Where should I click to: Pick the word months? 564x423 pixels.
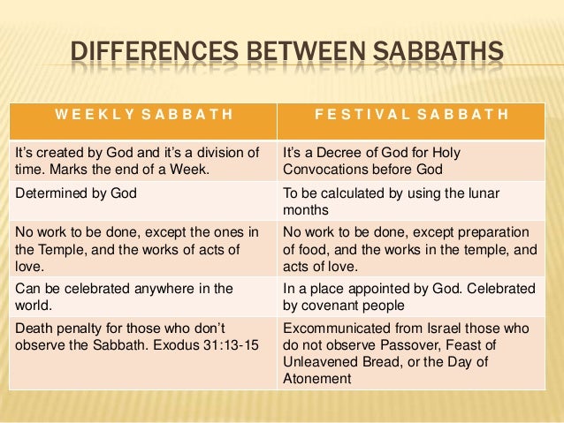click(304, 210)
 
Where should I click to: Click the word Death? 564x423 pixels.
click(34, 327)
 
